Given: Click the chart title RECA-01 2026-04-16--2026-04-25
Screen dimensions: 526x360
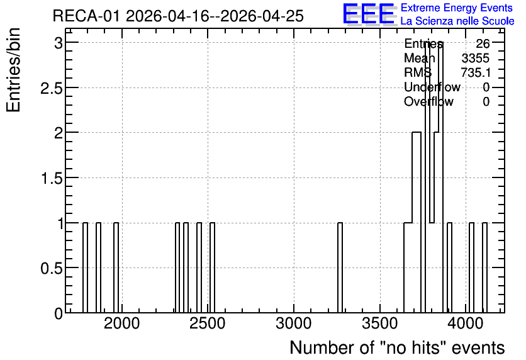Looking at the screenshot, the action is click(178, 16).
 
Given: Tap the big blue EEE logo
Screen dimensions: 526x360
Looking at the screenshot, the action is click(369, 14).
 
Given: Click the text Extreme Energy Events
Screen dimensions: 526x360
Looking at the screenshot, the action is click(457, 8).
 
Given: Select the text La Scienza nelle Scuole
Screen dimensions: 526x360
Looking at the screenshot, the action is click(457, 21).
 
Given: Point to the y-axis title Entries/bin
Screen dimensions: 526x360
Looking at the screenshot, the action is click(13, 70).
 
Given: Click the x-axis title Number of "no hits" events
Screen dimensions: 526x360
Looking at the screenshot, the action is click(397, 347).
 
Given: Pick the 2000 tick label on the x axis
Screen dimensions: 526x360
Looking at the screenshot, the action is click(122, 323).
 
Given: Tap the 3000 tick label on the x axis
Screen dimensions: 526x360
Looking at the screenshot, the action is click(294, 323).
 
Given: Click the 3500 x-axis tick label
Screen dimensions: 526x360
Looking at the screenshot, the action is click(380, 323).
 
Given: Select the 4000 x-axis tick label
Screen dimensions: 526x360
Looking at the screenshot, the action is click(466, 323).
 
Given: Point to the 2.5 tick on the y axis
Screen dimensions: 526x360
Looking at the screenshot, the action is click(52, 87).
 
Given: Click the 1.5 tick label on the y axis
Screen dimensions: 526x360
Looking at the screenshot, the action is click(52, 178).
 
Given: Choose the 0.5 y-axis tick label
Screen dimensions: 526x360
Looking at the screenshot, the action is click(52, 267).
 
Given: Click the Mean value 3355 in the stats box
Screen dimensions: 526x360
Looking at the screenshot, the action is click(475, 58).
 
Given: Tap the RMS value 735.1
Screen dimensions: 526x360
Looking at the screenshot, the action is click(476, 72).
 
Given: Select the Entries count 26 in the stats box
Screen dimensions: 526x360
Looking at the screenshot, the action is click(483, 43).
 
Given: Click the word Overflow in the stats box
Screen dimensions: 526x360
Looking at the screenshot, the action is click(428, 101).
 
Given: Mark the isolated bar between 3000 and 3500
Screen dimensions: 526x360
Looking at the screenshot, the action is click(340, 267).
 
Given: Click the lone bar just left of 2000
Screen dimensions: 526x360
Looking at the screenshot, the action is click(116, 267).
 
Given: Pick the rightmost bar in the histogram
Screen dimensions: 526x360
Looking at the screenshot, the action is click(484, 267).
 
